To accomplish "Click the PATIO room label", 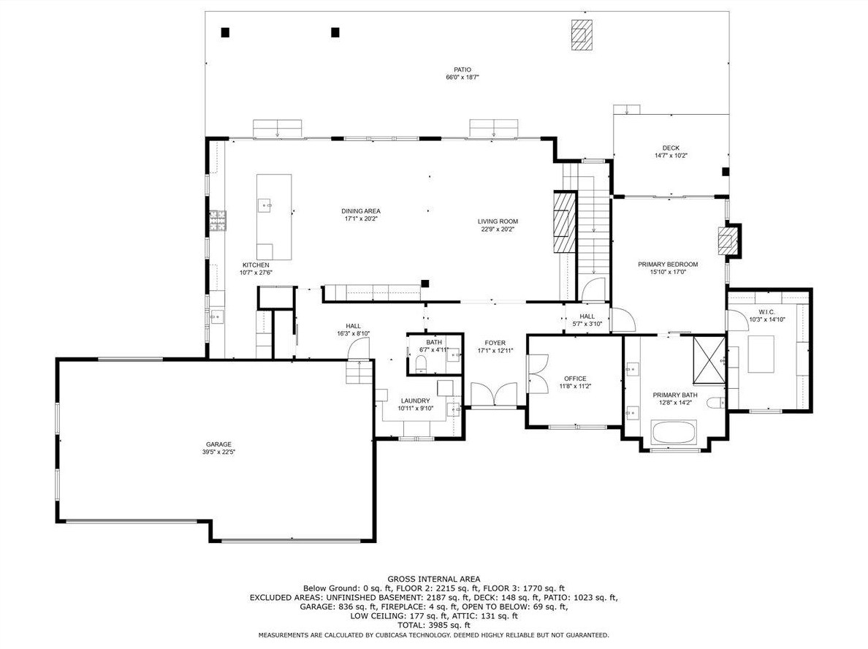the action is (462, 69).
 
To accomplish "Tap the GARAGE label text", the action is (218, 444).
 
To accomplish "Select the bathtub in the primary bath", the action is (674, 433).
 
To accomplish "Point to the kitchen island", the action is (274, 217).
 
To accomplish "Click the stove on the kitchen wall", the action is (218, 221).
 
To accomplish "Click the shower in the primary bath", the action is (709, 359).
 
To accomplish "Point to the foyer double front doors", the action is (495, 394).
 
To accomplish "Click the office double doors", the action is (538, 373).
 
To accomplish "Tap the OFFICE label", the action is (575, 379).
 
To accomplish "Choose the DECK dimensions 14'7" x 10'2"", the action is (671, 156).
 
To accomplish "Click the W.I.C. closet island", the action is (761, 354).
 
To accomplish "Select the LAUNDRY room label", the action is (415, 401).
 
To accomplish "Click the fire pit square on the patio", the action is (582, 35).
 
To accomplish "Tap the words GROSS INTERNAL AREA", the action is (434, 580).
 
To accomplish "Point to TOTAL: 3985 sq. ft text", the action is (433, 625).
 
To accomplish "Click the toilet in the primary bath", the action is (716, 403).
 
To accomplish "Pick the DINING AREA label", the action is (361, 211).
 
